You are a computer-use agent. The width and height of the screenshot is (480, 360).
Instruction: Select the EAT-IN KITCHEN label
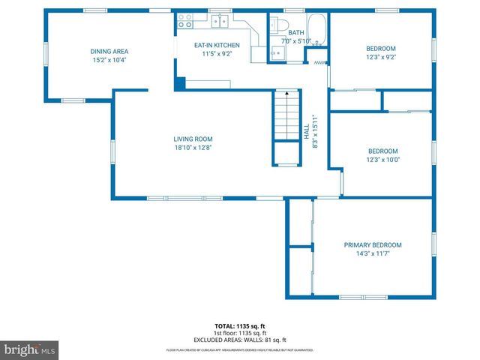pos(217,45)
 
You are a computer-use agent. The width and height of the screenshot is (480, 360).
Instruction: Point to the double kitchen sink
pos(220,21)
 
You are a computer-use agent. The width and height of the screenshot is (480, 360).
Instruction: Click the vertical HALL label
pos(306,131)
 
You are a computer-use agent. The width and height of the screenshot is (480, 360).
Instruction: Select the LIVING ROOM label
pos(193,139)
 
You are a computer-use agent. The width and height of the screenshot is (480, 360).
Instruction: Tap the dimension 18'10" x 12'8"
pos(193,148)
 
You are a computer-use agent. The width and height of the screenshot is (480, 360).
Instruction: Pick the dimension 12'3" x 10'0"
pos(383,159)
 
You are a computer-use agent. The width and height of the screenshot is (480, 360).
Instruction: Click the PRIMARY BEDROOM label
pos(373,245)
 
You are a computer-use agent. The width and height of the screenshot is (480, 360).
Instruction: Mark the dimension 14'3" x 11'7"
pos(373,254)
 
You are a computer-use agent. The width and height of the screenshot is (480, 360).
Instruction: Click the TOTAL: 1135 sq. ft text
pos(239,326)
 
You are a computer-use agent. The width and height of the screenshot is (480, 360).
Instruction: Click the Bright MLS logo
pos(30,349)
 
